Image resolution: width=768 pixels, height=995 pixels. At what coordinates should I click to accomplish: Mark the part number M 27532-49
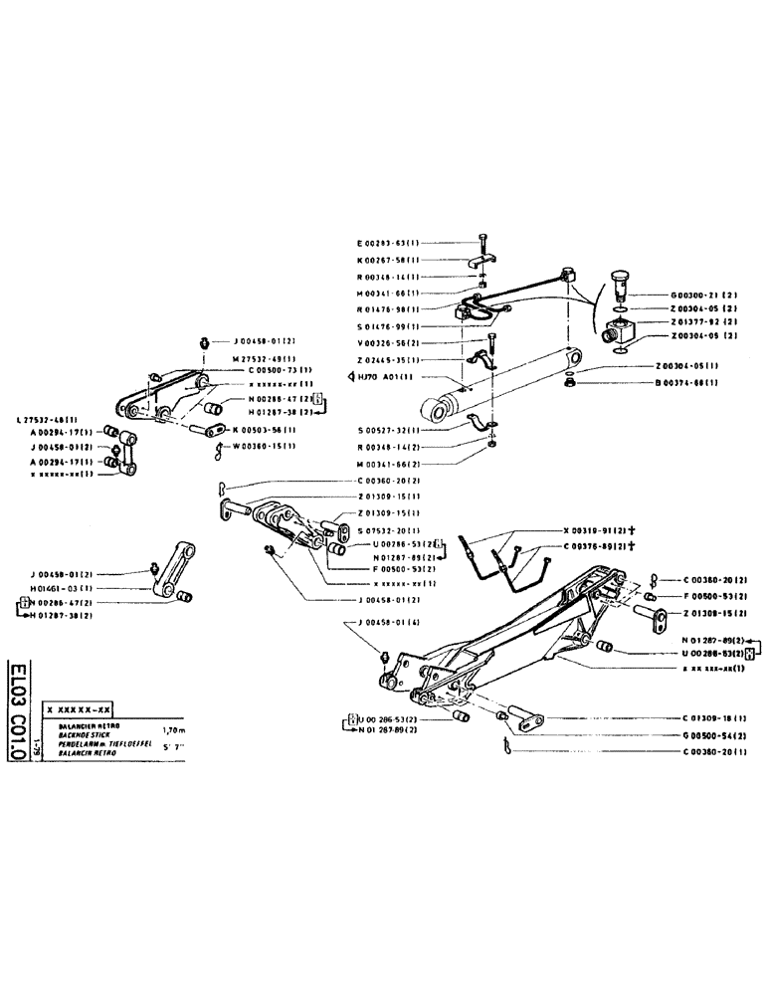(266, 360)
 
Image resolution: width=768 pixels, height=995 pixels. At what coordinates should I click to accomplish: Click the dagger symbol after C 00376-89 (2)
(632, 547)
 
